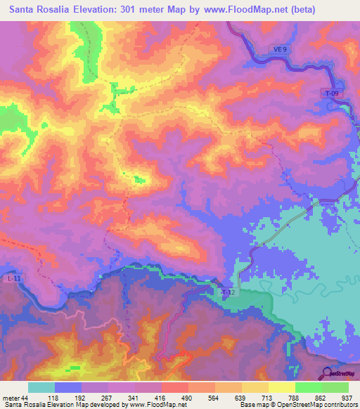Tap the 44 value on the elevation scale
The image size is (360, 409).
(x=26, y=397)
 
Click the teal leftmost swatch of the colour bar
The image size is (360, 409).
(x=41, y=387)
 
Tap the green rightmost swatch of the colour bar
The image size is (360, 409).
(x=335, y=387)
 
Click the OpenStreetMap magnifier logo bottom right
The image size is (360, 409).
(x=325, y=373)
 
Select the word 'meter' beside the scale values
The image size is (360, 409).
(x=10, y=397)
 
